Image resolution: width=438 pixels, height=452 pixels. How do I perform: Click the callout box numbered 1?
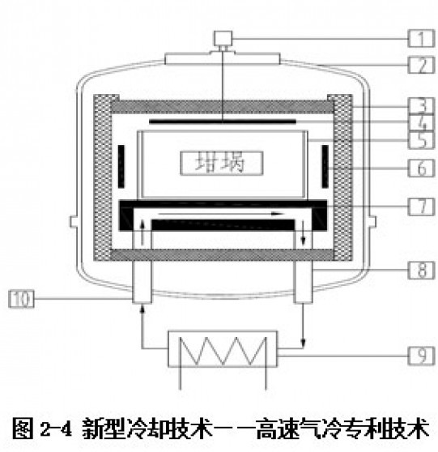(x=421, y=38)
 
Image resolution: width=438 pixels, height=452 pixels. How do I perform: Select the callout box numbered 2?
(x=421, y=65)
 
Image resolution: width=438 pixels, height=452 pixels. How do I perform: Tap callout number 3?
(x=421, y=105)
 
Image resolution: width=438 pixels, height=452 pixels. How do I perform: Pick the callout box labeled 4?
(x=421, y=122)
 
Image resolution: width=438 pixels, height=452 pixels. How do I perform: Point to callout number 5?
(x=421, y=140)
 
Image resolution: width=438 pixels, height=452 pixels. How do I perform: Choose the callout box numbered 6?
(x=421, y=168)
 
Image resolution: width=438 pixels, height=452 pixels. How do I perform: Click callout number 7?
(x=421, y=207)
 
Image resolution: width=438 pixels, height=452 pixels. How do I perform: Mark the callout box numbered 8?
(x=421, y=270)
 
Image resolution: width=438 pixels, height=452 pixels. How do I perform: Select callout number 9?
(x=421, y=356)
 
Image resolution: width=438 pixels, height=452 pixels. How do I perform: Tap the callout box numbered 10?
(x=21, y=299)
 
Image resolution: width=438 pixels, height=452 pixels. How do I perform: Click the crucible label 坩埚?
(x=221, y=163)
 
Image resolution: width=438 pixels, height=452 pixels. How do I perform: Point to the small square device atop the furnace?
(x=223, y=38)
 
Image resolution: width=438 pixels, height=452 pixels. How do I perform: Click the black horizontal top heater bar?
(x=223, y=122)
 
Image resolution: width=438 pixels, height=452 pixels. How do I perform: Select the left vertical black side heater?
(x=121, y=166)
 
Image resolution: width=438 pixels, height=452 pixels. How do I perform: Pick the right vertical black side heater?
(x=325, y=166)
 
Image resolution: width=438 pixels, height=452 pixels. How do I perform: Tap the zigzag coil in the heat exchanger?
(x=223, y=350)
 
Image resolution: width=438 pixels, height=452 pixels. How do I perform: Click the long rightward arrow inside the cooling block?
(x=221, y=214)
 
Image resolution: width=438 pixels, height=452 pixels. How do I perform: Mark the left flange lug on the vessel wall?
(x=74, y=221)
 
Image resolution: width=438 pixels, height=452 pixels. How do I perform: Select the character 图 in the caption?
(x=22, y=429)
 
